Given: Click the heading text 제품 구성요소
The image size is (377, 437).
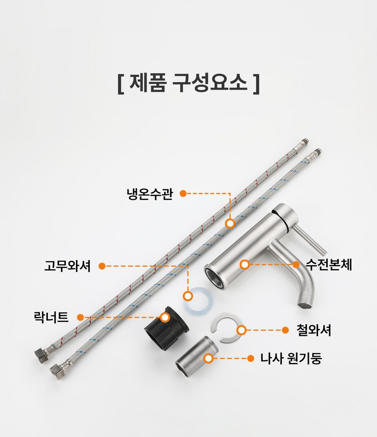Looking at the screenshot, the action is tap(188, 83).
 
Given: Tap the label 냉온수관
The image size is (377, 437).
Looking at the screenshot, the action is tap(150, 194).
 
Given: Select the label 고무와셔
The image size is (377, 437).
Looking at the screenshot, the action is tap(68, 266).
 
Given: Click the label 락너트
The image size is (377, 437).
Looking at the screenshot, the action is tap(51, 317).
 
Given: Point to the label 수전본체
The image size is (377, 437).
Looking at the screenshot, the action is tap(329, 264).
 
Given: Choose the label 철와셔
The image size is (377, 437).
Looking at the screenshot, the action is tap(314, 330).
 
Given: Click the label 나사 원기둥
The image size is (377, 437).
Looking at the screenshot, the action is tap(291, 358).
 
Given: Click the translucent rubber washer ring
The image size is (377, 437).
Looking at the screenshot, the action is tap(198, 302).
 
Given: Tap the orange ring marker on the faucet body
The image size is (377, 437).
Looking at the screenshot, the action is tap(245, 264).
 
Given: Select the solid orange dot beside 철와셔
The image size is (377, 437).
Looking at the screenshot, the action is tap(285, 330).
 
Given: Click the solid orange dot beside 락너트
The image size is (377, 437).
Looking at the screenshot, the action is tap(81, 317).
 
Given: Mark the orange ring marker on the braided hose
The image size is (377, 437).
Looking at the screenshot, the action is tap(230, 223).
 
